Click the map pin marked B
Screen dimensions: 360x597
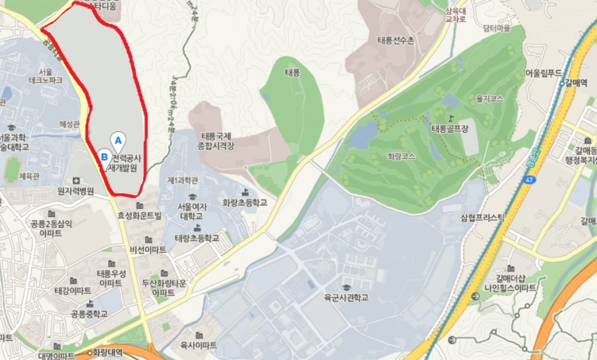point(104,156)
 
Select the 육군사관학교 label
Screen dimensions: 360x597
point(347,298)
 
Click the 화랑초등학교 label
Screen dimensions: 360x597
point(244,202)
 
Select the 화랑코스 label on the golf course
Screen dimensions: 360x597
point(400,156)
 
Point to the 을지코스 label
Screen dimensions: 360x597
point(489,100)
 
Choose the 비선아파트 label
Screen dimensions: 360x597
point(149,250)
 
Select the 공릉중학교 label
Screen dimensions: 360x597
point(89,314)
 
